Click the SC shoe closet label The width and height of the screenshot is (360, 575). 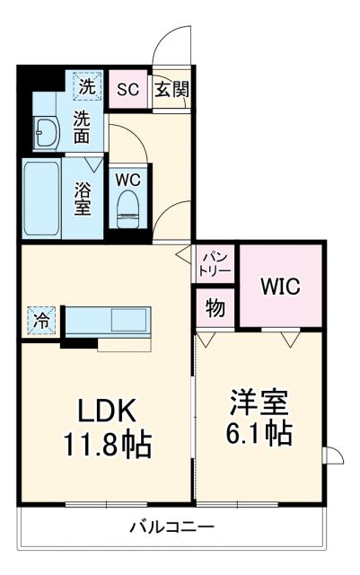127,89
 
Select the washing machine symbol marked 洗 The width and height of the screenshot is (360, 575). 86,87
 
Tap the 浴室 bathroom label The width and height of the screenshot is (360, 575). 83,197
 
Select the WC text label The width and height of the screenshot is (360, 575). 127,177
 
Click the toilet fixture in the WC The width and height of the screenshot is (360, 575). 127,206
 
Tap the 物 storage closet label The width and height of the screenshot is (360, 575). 215,309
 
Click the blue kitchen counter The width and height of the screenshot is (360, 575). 108,319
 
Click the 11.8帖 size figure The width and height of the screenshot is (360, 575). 105,444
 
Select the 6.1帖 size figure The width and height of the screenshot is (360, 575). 258,433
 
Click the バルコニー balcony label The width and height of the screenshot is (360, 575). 171,526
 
